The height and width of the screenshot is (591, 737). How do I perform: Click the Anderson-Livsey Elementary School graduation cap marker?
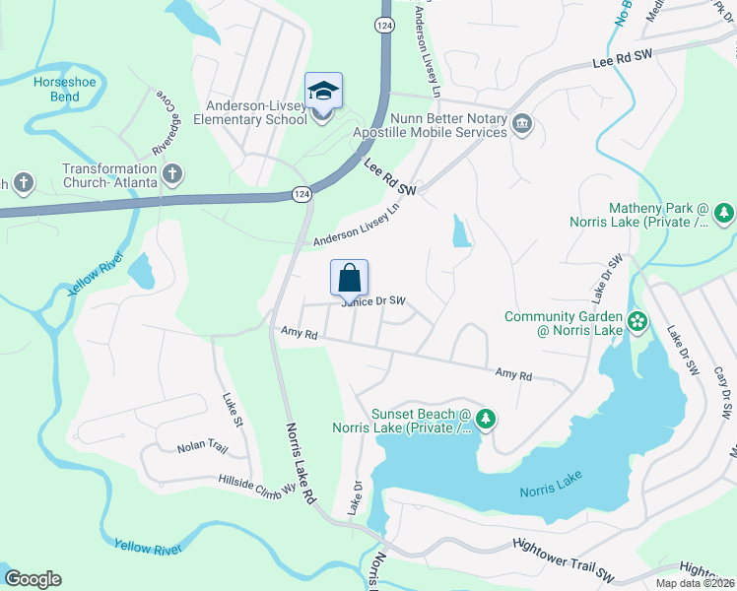click(323, 92)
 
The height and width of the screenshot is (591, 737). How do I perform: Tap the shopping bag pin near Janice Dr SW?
click(350, 279)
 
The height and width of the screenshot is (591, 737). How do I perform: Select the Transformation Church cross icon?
click(172, 175)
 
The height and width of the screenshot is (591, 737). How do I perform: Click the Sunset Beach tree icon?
click(485, 421)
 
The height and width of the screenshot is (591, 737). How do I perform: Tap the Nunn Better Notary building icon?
click(522, 124)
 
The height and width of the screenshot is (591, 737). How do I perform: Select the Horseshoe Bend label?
click(65, 90)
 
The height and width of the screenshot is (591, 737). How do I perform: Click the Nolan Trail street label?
click(202, 448)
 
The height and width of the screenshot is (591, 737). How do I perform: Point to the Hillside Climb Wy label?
click(257, 484)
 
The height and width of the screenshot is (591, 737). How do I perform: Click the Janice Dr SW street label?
click(373, 301)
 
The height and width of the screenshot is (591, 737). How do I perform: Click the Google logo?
click(33, 579)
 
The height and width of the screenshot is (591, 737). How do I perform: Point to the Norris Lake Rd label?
click(301, 463)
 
